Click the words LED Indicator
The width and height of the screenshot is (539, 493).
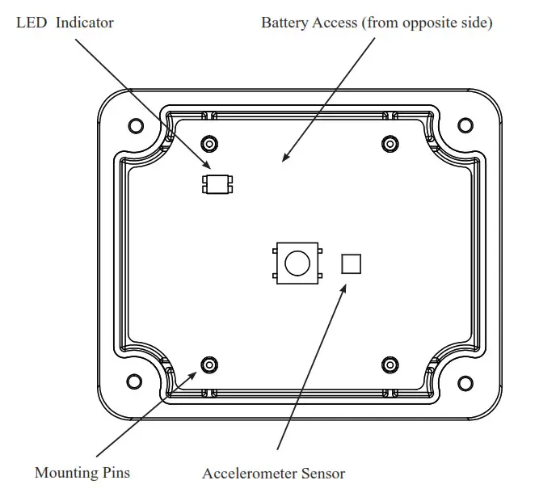click(x=65, y=23)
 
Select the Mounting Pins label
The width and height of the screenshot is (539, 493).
click(x=82, y=472)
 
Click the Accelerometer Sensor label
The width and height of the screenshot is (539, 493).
click(x=273, y=474)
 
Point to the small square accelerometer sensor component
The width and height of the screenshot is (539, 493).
click(x=351, y=263)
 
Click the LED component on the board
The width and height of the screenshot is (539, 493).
click(x=217, y=184)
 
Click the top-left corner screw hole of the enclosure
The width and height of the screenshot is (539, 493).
click(x=136, y=125)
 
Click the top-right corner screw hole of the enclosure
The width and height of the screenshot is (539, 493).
click(x=465, y=125)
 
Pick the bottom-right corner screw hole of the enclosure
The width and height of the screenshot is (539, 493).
click(x=465, y=379)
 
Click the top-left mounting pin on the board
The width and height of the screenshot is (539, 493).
click(x=209, y=143)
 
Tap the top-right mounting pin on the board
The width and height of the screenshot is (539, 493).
click(x=390, y=143)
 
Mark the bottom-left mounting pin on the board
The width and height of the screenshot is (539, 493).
click(x=209, y=363)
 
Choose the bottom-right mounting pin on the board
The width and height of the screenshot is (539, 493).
click(x=390, y=363)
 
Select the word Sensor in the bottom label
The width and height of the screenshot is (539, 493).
click(x=322, y=474)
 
